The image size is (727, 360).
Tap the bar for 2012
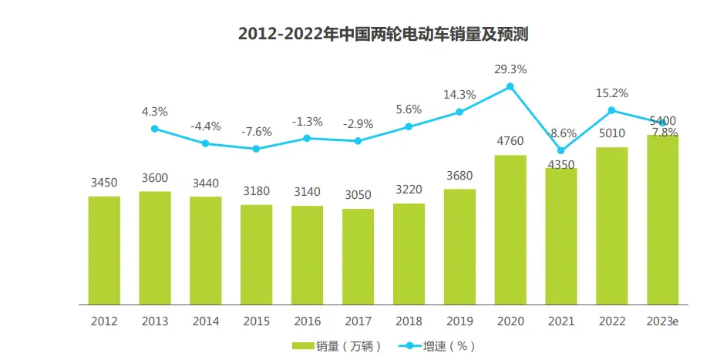point(104,251)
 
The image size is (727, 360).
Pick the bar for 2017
point(358,257)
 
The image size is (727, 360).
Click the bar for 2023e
point(662,220)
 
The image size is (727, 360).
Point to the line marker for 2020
point(510,87)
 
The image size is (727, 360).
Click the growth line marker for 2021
point(561,150)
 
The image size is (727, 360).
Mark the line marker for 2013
point(154,129)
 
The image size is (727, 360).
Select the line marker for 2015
point(256,149)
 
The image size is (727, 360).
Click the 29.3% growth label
point(510,69)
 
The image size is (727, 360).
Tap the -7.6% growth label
point(256,131)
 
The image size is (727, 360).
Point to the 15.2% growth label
point(612,93)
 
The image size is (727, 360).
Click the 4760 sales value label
point(510,141)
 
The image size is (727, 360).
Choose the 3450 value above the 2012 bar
point(104,183)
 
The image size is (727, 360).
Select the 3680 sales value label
point(459,175)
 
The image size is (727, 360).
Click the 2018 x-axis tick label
point(409,321)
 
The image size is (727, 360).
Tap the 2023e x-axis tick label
point(663,321)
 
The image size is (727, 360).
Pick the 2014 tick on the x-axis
point(205,321)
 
